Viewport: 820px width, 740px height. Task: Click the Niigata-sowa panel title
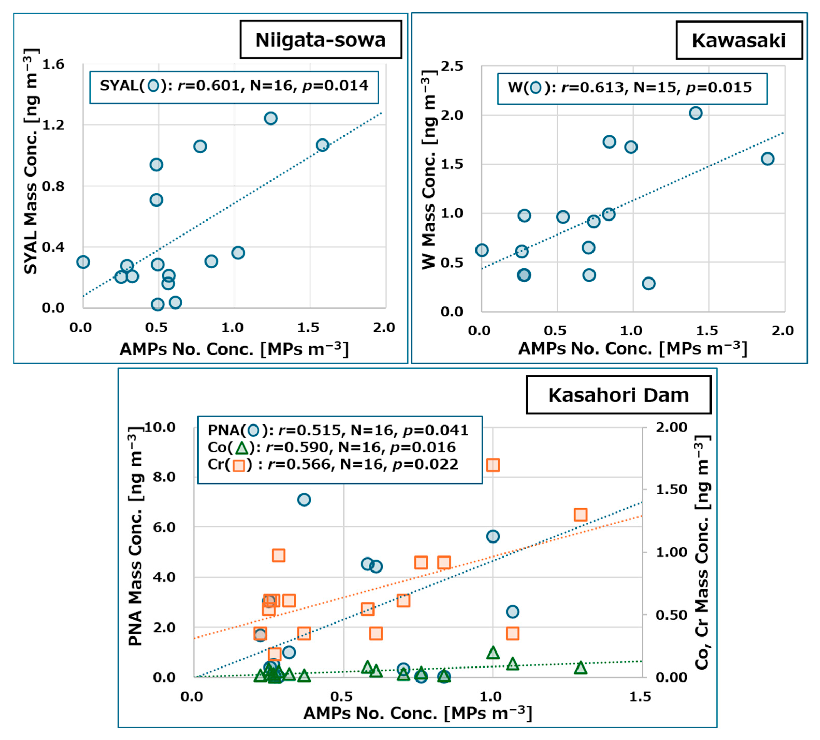point(320,40)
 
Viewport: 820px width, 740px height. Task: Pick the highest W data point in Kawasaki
point(695,113)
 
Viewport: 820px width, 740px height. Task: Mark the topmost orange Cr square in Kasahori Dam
point(493,465)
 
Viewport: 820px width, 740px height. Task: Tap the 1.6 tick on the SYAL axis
point(53,64)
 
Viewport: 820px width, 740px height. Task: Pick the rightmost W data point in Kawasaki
point(767,159)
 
